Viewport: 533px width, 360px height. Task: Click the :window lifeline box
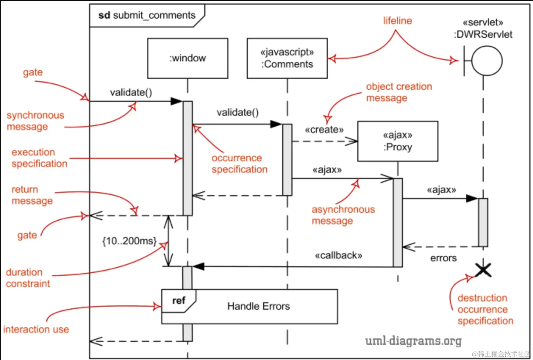[187, 58]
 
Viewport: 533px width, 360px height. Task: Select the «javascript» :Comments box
[287, 58]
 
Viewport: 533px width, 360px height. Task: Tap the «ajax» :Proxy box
[398, 141]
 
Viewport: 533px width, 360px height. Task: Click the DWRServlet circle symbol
[487, 61]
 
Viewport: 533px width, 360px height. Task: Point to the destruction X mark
[483, 270]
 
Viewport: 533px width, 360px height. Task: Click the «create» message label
[324, 130]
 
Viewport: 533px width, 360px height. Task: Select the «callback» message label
[338, 255]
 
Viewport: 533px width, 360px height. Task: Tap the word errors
[443, 258]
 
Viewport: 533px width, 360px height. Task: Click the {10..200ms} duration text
[129, 241]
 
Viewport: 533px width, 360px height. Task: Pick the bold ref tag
[179, 301]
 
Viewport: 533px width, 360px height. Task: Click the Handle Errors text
[258, 306]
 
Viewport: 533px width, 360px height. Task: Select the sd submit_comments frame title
[147, 15]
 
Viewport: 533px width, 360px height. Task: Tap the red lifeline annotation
[397, 21]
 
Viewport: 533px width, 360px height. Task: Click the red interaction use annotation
[36, 330]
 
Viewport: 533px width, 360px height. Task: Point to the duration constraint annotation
[28, 278]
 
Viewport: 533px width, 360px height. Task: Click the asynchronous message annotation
[343, 215]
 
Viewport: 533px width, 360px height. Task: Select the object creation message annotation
[399, 92]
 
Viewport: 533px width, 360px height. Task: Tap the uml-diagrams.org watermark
[413, 341]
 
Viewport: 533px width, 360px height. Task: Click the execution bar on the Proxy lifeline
[398, 223]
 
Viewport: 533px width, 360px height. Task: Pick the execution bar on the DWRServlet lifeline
[483, 222]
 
